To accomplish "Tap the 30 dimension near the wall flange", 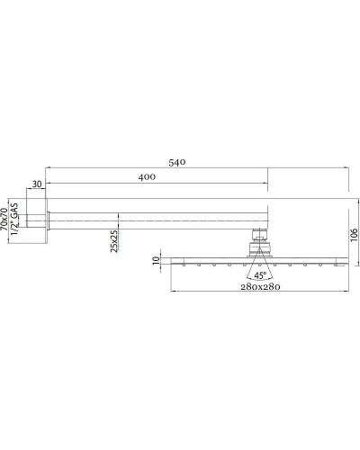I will (37, 184).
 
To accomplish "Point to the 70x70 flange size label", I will (5, 219).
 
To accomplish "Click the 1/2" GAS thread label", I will (15, 219).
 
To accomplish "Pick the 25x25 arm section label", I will (114, 240).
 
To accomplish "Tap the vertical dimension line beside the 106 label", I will (346, 236).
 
